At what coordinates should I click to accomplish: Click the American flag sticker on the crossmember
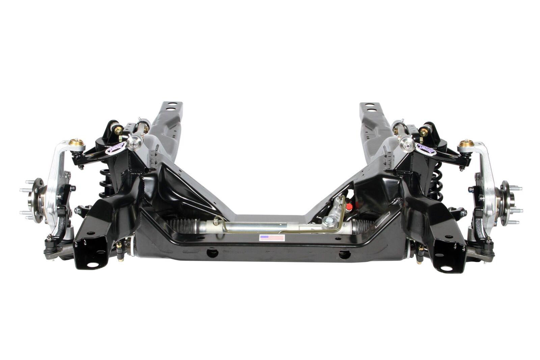pos(272,238)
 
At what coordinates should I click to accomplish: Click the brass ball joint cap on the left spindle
pos(77,142)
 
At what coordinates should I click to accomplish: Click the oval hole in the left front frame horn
pos(93,264)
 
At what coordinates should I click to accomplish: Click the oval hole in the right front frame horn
pos(446,268)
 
